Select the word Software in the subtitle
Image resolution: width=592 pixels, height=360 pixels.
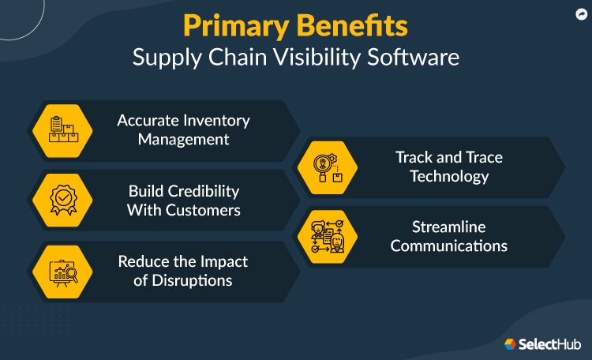click(416, 58)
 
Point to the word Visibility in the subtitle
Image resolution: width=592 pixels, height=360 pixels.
click(324, 58)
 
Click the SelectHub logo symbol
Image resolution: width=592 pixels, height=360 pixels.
click(511, 343)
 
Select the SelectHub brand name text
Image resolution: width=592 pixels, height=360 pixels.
click(551, 344)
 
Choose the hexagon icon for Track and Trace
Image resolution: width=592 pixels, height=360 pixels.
click(326, 167)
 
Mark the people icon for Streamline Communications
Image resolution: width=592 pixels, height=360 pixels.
click(326, 236)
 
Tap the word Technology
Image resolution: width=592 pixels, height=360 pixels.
click(449, 175)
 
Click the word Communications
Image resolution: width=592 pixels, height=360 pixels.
click(449, 246)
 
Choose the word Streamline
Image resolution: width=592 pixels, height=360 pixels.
click(449, 227)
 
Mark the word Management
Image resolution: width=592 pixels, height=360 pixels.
click(184, 139)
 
